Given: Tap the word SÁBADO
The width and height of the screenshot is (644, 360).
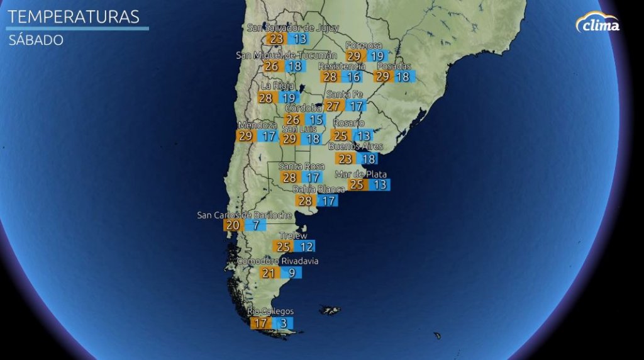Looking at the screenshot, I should click(36, 40).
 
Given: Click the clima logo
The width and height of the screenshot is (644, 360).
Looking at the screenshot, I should click(597, 23).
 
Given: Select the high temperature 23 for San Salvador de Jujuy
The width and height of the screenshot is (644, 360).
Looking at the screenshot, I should click(276, 38).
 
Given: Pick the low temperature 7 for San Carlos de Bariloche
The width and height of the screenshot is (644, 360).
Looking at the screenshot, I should click(256, 225).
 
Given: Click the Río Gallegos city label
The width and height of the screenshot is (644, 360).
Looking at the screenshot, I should click(270, 312).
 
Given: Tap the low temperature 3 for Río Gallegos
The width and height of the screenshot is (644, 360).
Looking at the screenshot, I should click(284, 323).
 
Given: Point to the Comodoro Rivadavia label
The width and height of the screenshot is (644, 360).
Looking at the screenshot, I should click(278, 261).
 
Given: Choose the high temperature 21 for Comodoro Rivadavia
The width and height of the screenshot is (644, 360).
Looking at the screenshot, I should click(269, 273).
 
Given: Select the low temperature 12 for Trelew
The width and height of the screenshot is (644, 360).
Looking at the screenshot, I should click(306, 247).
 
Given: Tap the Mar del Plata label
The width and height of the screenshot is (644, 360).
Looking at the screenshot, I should click(361, 174).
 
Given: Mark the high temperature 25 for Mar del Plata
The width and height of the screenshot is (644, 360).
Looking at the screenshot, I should click(357, 185).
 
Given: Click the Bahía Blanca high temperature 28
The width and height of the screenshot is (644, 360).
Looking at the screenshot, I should click(305, 201).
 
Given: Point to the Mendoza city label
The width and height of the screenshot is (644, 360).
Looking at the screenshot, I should click(257, 125).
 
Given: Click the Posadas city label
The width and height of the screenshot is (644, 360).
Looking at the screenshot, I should click(394, 66).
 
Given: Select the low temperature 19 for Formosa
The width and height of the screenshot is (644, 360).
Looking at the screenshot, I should click(377, 56).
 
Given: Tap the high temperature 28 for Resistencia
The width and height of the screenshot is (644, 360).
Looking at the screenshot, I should click(330, 77).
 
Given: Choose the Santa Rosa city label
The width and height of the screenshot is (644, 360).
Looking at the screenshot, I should click(301, 166).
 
